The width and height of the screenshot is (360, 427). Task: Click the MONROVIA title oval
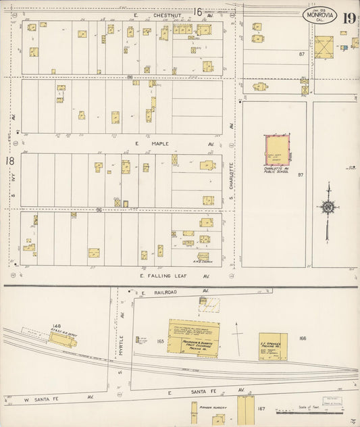[x=318, y=16]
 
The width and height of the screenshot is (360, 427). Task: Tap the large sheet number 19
[x=349, y=18]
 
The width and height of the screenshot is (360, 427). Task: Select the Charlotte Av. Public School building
[x=276, y=149]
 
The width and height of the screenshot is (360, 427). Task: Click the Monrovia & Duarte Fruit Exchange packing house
[x=193, y=336]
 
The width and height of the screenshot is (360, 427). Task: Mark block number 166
[x=302, y=338]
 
